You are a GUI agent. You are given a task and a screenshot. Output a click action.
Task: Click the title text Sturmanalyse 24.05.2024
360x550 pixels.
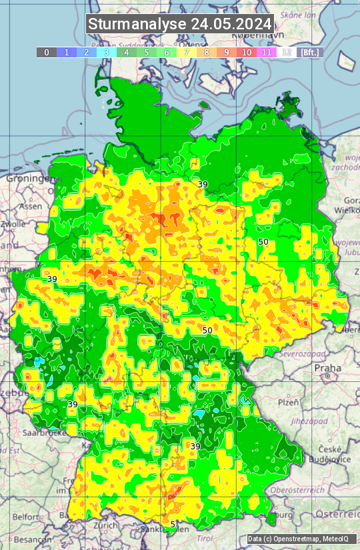tap(180, 24)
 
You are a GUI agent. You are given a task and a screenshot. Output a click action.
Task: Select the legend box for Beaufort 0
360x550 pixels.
tap(47, 52)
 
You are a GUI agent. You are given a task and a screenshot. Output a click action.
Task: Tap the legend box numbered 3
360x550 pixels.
tap(107, 52)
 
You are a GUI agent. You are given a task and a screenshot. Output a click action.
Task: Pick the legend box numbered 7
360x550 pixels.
tap(187, 52)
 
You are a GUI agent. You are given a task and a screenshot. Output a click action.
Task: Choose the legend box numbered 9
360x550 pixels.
tap(227, 52)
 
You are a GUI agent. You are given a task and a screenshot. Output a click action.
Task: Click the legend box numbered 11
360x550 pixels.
tap(267, 52)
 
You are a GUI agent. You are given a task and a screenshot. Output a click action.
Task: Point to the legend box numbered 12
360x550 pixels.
tap(287, 52)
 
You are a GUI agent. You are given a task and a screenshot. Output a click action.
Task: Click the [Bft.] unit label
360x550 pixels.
tap(310, 52)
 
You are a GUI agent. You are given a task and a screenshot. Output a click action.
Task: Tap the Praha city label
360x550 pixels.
tap(327, 368)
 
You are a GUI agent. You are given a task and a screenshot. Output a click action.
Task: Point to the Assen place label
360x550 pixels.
tap(30, 207)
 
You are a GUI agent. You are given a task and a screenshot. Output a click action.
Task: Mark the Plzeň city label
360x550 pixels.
tap(288, 403)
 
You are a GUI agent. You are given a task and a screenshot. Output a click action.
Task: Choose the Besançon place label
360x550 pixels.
tap(27, 539)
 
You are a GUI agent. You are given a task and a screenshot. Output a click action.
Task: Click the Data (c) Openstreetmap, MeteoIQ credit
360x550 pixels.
tap(301, 539)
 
